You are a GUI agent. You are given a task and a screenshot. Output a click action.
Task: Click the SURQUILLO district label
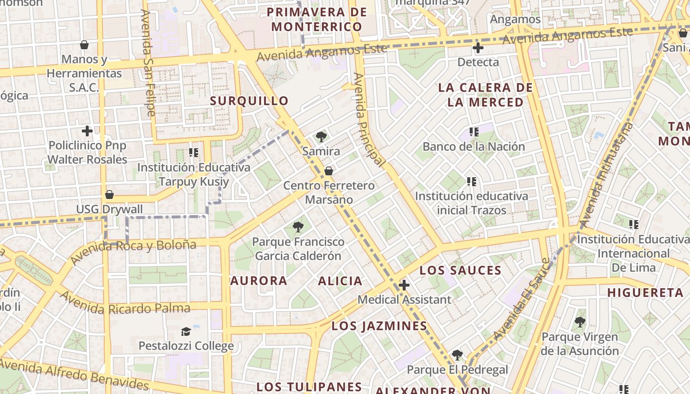249,101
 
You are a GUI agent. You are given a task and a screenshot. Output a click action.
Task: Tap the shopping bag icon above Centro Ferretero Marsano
328,171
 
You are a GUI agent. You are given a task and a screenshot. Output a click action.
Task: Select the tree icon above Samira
321,136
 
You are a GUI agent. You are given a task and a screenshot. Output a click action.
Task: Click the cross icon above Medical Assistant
404,285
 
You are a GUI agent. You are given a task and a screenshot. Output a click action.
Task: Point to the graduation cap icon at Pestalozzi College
186,331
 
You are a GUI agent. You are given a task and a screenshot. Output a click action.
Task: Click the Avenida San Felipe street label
147,63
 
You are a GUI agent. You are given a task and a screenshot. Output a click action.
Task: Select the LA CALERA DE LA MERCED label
485,95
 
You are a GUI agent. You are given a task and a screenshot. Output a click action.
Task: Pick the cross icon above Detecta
478,48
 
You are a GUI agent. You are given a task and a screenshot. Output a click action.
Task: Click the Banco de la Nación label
474,147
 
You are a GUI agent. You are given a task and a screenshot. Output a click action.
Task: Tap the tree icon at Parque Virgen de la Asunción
580,322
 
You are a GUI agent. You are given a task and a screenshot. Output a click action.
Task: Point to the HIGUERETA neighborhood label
645,293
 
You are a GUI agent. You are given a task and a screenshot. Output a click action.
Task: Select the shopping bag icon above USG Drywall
109,195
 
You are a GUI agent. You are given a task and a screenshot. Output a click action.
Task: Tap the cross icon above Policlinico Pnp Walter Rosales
87,131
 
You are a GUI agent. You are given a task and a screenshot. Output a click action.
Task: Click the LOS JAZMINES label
379,326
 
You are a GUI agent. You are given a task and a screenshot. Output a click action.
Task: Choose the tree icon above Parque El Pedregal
457,355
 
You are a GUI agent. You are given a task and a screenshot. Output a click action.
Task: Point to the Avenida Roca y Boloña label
133,251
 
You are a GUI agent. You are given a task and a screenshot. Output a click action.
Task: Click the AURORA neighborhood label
259,281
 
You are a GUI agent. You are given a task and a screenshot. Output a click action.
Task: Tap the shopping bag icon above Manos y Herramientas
84,45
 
